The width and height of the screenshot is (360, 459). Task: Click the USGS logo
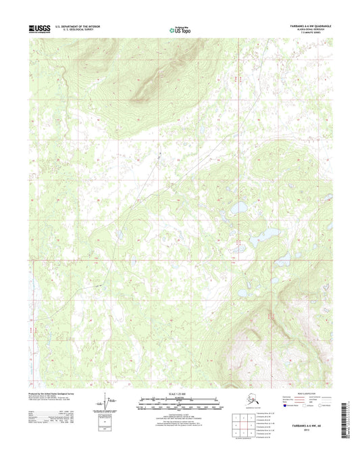coord(39,28)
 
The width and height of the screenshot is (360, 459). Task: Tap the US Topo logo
coord(180,29)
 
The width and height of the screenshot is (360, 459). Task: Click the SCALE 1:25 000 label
coord(180,392)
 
